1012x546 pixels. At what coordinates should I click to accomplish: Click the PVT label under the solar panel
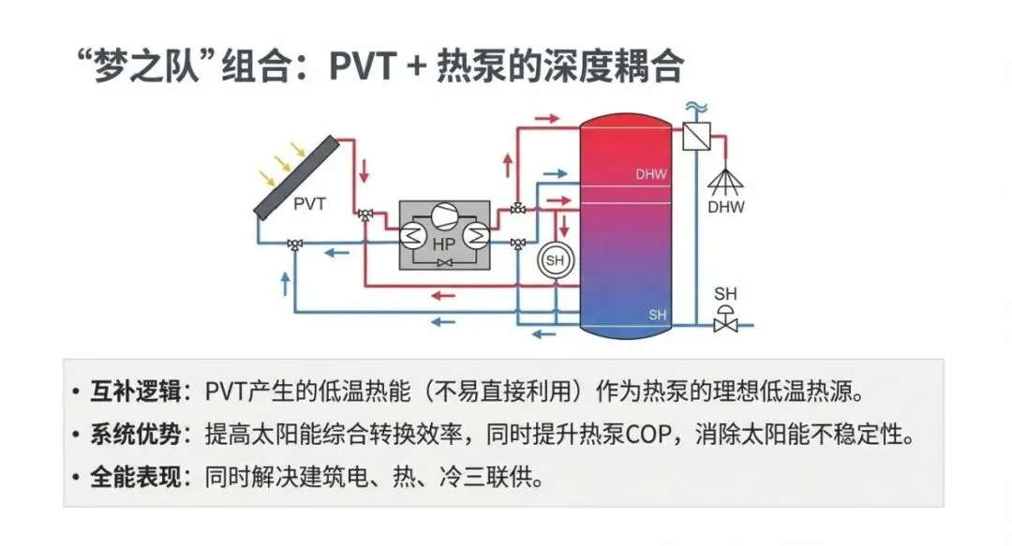click(310, 201)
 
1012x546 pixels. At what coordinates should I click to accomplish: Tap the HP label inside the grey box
click(443, 243)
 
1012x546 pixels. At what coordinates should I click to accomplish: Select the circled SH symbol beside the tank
click(556, 260)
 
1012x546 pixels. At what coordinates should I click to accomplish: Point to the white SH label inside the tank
click(658, 315)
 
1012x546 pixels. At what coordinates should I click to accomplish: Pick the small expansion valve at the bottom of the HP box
click(444, 265)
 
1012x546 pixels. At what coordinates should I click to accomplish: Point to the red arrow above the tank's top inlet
click(547, 120)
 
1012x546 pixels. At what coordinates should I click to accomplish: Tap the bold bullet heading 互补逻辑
click(133, 389)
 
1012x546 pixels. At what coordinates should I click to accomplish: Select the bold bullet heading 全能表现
click(133, 479)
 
